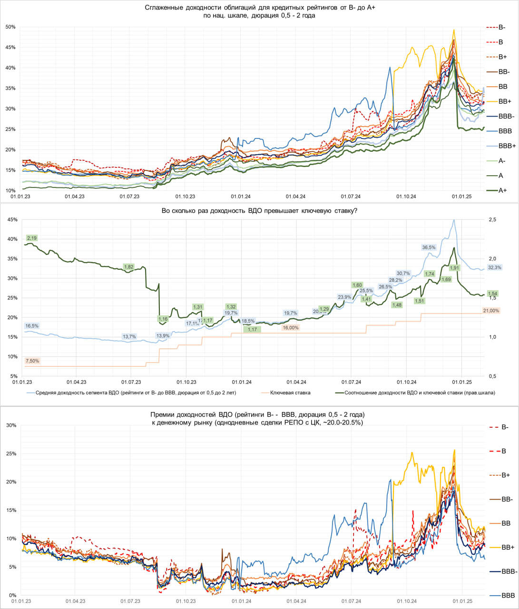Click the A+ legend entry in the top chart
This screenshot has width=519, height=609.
[x=502, y=190]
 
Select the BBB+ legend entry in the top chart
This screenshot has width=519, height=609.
[x=507, y=146]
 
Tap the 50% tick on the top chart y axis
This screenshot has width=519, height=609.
[x=10, y=27]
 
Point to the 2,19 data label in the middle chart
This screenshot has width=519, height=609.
[x=32, y=237]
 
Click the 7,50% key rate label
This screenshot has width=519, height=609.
[x=32, y=361]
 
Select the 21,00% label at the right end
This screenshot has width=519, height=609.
[x=491, y=311]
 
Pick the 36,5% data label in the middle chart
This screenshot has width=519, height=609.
[x=429, y=247]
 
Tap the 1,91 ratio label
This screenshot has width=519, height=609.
[x=454, y=268]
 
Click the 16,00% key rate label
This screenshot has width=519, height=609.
[x=291, y=328]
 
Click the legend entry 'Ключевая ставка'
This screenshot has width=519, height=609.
[x=290, y=393]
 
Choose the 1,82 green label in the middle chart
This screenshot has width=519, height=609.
[x=128, y=267]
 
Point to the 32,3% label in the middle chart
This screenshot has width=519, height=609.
[x=495, y=267]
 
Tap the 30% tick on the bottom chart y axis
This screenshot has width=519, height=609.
[x=10, y=425]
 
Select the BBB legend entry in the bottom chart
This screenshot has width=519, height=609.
[x=508, y=595]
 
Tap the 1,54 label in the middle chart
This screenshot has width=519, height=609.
[x=493, y=294]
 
